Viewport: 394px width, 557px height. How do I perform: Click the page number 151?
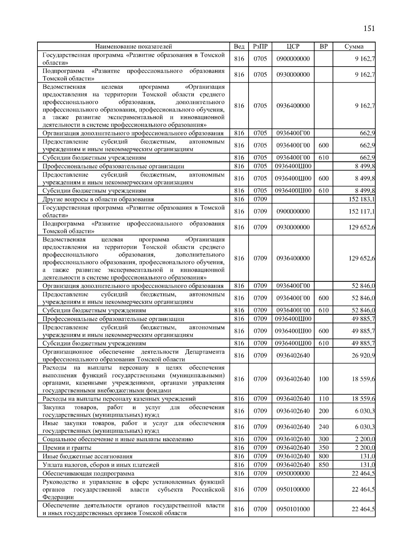[x=369, y=28]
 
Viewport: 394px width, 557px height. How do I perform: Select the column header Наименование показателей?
[x=134, y=47]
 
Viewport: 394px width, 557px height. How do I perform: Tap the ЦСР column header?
[x=293, y=47]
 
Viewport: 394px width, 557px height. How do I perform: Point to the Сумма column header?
[x=354, y=47]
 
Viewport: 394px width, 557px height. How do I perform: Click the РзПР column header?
[x=260, y=47]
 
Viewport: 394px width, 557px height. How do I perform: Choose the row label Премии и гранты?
[x=67, y=448]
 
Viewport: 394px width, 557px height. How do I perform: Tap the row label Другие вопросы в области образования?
[x=98, y=199]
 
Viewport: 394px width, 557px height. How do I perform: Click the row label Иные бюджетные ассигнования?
[x=88, y=456]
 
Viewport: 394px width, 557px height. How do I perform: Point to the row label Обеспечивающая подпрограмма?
[x=88, y=473]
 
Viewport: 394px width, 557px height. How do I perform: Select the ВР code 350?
[x=323, y=448]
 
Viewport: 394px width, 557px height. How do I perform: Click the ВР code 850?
[x=323, y=465]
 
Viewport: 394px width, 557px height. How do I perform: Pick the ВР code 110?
[x=323, y=399]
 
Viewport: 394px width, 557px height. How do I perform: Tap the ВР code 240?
[x=323, y=427]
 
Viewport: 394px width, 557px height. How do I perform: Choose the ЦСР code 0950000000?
[x=293, y=473]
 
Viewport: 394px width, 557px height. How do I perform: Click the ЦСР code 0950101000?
[x=293, y=509]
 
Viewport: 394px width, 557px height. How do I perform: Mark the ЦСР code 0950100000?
[x=293, y=489]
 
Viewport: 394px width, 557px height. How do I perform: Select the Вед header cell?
[x=239, y=47]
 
